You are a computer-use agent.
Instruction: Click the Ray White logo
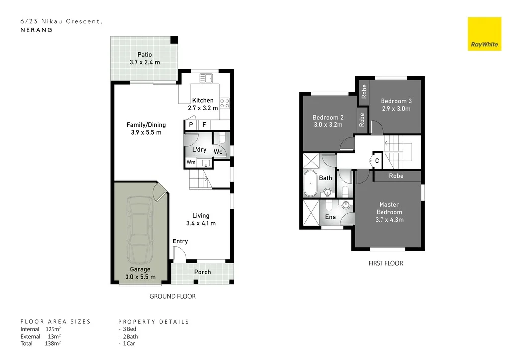[x=484, y=34]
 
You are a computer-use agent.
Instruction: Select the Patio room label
[x=145, y=55]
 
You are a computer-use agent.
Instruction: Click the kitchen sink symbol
[x=206, y=78]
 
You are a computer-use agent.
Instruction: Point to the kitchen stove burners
[x=225, y=104]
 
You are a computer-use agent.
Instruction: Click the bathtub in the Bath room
[x=310, y=183]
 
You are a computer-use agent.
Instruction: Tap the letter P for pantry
[x=191, y=125]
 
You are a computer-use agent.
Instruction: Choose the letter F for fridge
[x=204, y=125]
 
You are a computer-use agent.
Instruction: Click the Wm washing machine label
[x=191, y=162]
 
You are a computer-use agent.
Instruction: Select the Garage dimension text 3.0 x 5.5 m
[x=140, y=277]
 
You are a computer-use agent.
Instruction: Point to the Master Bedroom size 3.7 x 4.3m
[x=389, y=220]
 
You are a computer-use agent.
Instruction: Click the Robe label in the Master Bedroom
[x=396, y=176]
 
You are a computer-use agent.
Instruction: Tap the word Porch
[x=202, y=272]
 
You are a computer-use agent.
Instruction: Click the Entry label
[x=180, y=241]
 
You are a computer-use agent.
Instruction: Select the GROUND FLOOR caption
[x=172, y=296]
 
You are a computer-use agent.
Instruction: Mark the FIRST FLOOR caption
[x=386, y=263]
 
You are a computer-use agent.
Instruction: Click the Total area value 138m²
[x=53, y=343]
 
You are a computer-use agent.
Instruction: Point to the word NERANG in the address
[x=36, y=30]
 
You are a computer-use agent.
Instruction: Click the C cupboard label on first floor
[x=377, y=161]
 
